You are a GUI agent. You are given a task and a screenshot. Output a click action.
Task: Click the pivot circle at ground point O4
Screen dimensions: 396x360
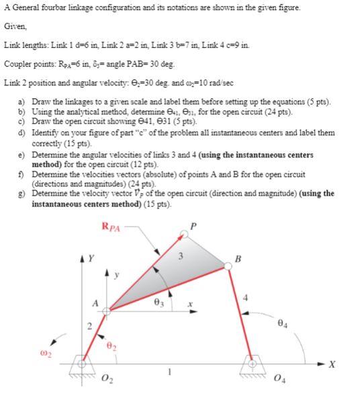click(253, 364)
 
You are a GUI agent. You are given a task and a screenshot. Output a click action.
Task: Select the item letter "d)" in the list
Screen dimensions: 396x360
click(24, 134)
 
